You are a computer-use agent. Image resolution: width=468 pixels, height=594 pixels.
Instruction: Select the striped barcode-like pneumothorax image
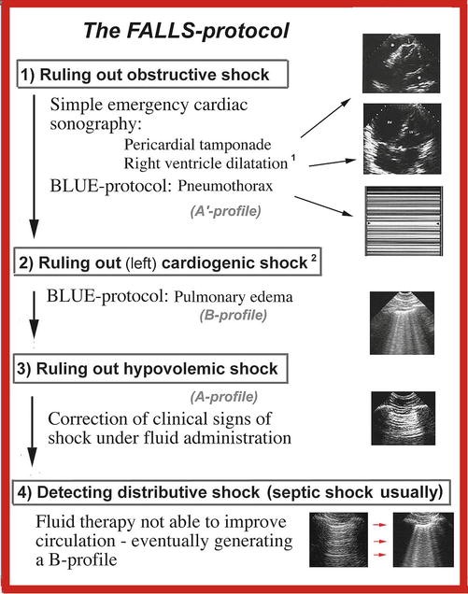click(405, 224)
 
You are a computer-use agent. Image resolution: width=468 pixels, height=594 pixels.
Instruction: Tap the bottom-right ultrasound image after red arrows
click(418, 542)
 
